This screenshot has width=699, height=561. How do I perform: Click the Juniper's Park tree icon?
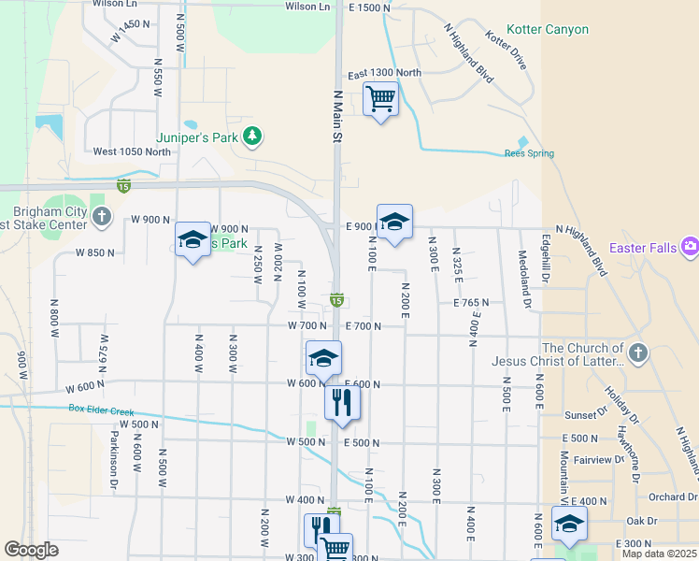coord(251,137)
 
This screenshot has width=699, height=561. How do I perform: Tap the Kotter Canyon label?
coord(548,30)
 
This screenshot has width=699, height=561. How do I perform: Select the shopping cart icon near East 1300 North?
coord(380,97)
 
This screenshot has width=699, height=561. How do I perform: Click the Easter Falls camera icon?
coord(691,247)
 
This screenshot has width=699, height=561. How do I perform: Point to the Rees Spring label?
coord(529,153)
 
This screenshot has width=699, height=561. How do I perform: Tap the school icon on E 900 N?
coord(394,223)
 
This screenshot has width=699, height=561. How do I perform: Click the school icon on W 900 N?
coord(193,240)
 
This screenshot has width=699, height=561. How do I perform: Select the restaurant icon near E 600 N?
coord(342,402)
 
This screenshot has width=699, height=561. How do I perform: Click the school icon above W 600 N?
coord(323,358)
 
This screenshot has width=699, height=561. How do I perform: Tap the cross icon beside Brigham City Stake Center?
coord(103,220)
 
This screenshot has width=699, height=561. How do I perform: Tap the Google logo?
coord(31,550)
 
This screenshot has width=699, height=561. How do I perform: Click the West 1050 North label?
coord(132,151)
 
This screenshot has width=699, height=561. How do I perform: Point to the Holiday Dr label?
coord(619,404)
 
